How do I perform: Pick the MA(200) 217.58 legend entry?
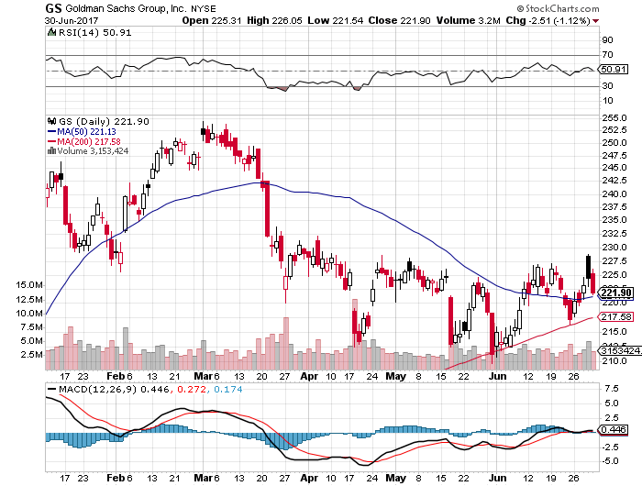[x=91, y=141]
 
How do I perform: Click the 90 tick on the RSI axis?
[x=606, y=41]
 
